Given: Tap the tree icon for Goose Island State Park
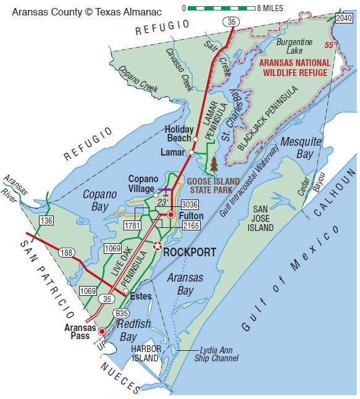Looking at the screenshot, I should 214,164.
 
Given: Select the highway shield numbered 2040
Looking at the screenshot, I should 344,19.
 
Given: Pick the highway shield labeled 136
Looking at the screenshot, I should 46,220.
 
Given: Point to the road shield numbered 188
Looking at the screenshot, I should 66,253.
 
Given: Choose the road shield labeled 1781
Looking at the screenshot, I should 132,225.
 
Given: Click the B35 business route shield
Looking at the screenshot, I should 122,314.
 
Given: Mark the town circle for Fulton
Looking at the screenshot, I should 171,214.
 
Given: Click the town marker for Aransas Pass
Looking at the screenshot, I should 103,331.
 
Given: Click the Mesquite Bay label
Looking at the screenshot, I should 301,148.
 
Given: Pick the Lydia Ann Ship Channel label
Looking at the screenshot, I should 215,354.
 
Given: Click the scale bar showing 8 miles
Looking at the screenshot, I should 219,8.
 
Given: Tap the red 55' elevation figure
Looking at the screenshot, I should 332,44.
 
